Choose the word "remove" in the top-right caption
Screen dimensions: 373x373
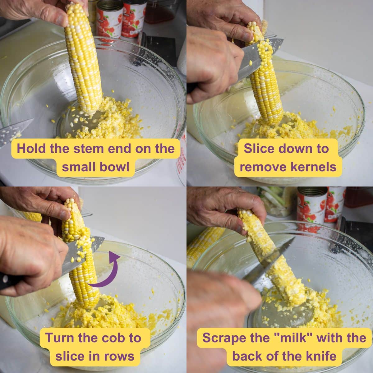[259, 167]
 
